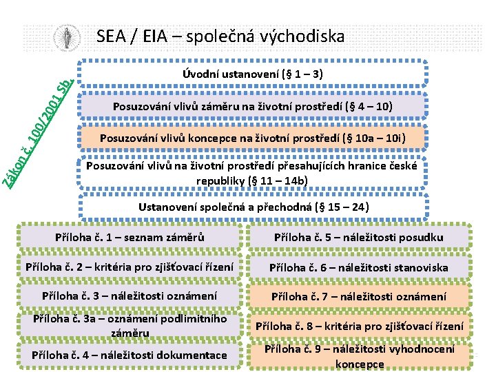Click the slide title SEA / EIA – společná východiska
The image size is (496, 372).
(220, 36)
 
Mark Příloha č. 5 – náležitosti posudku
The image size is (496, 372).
(359, 238)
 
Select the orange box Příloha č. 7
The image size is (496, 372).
(359, 297)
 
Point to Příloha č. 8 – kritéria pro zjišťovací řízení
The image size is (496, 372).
(359, 326)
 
